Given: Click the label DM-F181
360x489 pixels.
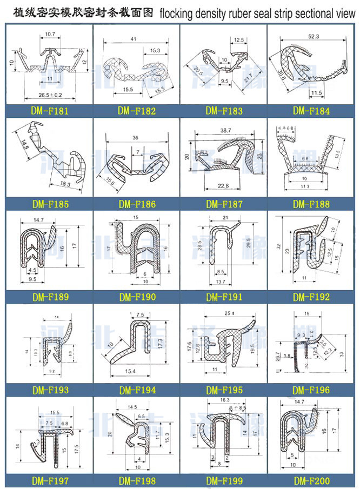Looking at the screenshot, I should [49, 111].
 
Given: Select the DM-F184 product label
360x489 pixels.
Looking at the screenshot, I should [311, 111].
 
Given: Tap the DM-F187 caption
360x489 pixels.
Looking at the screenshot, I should [224, 204].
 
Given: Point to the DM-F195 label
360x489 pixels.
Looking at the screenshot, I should [224, 390].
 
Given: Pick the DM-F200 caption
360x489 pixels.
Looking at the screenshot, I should [311, 480].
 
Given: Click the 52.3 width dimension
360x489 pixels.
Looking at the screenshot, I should [314, 36].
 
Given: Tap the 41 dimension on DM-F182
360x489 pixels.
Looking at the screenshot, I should [133, 39].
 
